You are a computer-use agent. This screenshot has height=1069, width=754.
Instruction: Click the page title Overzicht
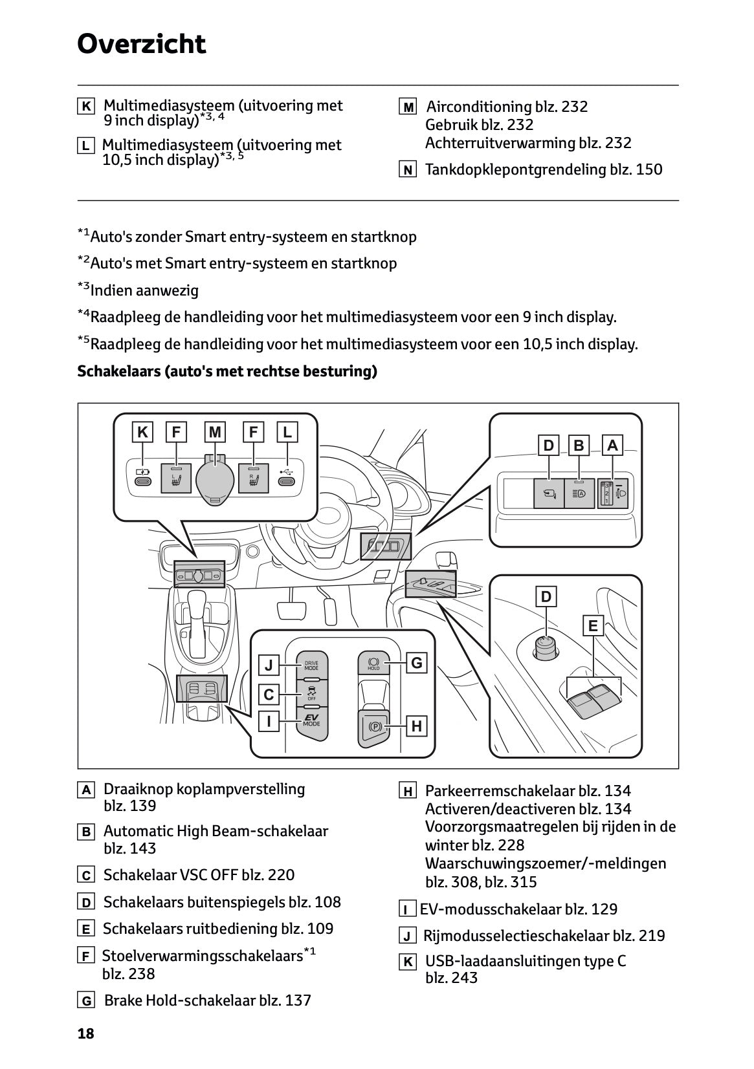point(141,44)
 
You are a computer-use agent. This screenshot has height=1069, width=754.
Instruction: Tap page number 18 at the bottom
point(86,1033)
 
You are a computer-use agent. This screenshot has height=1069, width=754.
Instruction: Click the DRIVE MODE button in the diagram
point(311,665)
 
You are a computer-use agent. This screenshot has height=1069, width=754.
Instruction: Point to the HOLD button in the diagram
point(373,664)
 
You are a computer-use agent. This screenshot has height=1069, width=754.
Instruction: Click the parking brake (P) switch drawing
point(374,727)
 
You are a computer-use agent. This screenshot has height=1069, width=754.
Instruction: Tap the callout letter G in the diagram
point(416,663)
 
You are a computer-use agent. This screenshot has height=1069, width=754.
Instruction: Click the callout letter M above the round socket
point(215,431)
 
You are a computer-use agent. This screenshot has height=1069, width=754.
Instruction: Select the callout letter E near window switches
point(592,625)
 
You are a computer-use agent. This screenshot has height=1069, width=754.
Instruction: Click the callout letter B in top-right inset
point(579,445)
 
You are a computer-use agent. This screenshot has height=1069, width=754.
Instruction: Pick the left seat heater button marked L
point(175,479)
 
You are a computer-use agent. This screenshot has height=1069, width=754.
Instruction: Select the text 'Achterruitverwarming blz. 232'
point(527,143)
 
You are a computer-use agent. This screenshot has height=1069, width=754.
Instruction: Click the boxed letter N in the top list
point(407,170)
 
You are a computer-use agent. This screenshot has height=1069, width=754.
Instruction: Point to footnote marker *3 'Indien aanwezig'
point(138,290)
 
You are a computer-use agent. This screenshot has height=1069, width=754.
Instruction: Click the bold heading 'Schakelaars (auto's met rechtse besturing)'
point(227,371)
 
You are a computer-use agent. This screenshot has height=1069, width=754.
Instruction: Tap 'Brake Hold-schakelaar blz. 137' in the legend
point(207,1000)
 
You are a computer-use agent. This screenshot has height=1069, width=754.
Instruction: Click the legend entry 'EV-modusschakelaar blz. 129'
point(518,909)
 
